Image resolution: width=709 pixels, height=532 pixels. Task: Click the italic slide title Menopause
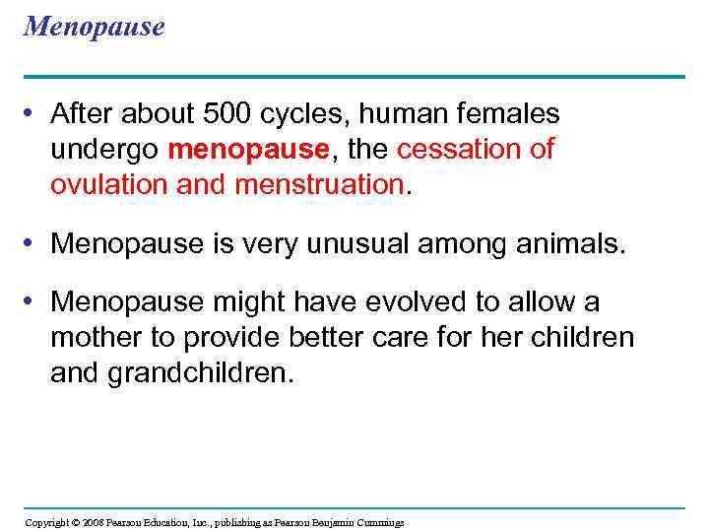[x=95, y=27]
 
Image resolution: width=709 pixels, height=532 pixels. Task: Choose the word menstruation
[x=319, y=183]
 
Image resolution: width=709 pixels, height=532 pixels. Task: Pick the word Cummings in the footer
[x=377, y=522]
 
